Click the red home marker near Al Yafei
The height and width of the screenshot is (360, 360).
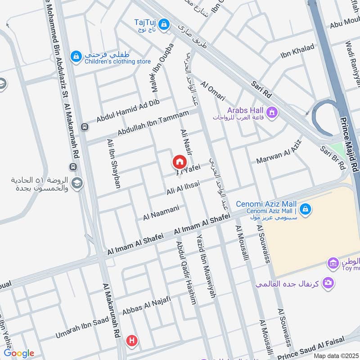point(179,162)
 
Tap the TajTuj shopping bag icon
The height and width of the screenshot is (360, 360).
point(164,22)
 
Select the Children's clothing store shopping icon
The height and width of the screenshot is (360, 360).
point(76,56)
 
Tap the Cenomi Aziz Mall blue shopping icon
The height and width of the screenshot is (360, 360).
point(306,209)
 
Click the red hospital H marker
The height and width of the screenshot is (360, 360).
point(132,340)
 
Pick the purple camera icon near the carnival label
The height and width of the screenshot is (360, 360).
point(329,282)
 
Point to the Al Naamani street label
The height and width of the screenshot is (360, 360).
point(161,213)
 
